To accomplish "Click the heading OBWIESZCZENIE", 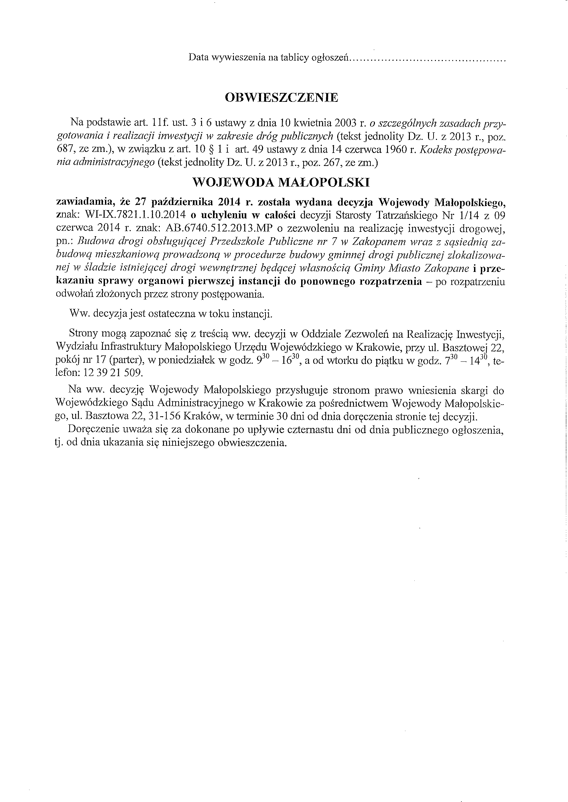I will point(282,97).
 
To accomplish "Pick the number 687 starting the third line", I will point(64,149).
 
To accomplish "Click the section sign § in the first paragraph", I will point(211,149).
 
